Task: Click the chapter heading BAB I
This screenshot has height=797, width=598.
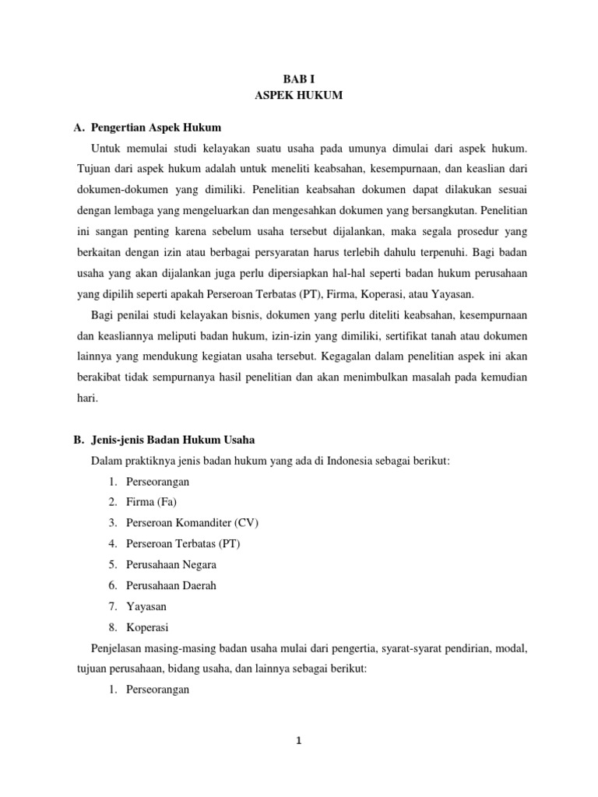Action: [x=299, y=78]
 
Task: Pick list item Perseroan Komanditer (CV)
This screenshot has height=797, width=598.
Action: [x=181, y=522]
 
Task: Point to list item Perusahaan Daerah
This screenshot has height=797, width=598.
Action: [x=171, y=585]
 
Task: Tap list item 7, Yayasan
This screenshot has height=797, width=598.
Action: [x=146, y=606]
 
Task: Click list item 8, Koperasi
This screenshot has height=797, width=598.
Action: [x=147, y=627]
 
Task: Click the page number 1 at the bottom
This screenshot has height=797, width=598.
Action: [x=298, y=741]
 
